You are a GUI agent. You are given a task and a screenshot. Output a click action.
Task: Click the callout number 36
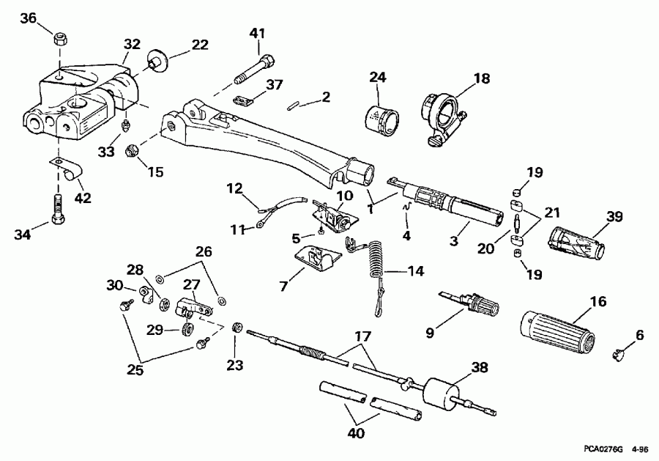[28, 18]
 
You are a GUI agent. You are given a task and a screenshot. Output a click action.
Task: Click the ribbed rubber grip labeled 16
[556, 330]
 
